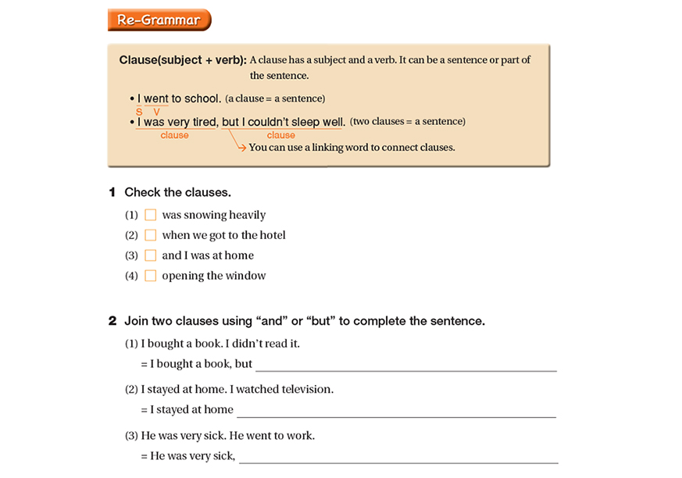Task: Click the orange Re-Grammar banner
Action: click(x=159, y=20)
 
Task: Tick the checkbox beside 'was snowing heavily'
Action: click(x=151, y=215)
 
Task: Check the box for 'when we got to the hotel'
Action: click(x=151, y=235)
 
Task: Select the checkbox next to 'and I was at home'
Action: click(x=151, y=255)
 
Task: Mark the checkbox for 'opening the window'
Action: click(x=151, y=276)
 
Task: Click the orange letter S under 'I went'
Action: click(x=139, y=112)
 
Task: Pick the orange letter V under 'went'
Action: click(x=157, y=112)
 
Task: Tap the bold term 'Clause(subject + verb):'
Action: click(x=183, y=60)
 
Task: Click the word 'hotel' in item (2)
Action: click(x=270, y=235)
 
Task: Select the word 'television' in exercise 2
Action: click(x=305, y=389)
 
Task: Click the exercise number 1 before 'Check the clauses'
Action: click(x=112, y=192)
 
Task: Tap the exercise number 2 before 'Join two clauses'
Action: click(x=112, y=321)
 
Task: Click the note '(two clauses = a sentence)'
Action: click(x=408, y=122)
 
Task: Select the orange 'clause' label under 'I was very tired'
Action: click(x=174, y=135)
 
